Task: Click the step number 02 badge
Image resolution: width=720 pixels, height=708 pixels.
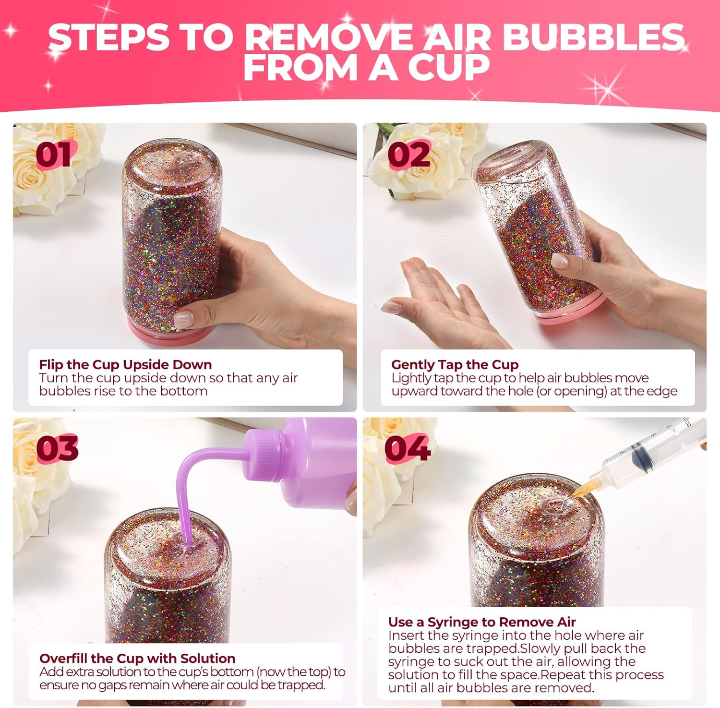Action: point(408,155)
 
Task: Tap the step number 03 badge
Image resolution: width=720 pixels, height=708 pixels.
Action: point(57,448)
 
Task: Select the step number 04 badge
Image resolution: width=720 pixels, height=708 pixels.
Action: point(407,448)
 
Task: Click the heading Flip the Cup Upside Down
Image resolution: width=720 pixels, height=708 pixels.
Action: point(125,364)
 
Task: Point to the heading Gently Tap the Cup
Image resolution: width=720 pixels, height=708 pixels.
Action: point(455,364)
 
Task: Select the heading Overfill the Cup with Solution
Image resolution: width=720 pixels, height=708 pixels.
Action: point(137,658)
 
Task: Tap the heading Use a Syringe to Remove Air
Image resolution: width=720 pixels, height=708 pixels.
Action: point(482,622)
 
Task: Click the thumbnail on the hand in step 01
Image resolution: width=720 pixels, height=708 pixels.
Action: point(184,318)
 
